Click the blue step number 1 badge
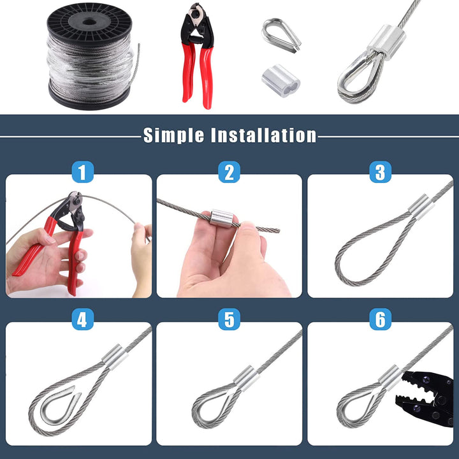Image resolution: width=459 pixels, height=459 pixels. tap(83, 172)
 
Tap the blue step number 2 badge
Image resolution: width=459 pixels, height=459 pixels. tap(229, 172)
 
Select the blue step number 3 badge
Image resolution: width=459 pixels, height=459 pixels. tap(380, 172)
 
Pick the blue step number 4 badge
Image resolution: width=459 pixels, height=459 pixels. tap(83, 319)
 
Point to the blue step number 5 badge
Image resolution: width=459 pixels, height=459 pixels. tap(229, 319)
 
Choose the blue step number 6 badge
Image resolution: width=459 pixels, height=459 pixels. tap(380, 319)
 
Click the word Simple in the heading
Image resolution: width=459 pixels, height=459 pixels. tap(173, 135)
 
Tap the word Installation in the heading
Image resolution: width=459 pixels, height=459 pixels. tap(263, 135)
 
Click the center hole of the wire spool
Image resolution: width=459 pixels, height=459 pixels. tap(89, 22)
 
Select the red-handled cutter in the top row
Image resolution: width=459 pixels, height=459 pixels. tap(197, 55)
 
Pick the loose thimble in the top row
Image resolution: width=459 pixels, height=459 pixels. tap(281, 35)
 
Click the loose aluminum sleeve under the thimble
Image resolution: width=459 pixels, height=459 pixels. tap(281, 80)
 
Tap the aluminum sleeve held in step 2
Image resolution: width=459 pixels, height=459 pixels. tap(221, 219)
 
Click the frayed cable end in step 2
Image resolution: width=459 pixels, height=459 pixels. tap(268, 229)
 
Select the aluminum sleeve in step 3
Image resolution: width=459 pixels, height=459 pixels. tap(419, 207)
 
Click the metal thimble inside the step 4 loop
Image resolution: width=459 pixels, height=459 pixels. tap(61, 405)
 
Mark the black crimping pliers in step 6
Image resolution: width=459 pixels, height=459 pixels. tap(428, 398)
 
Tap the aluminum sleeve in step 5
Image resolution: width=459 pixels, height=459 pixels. tap(246, 378)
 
